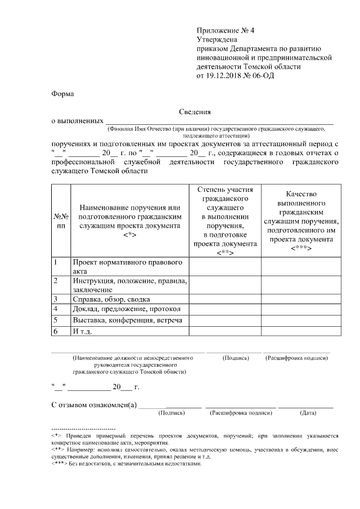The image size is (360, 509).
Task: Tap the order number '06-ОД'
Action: point(263,75)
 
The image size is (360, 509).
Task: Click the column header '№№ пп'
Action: point(61,220)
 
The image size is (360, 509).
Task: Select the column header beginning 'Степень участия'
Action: point(225,220)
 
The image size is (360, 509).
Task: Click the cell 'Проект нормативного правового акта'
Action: point(129,266)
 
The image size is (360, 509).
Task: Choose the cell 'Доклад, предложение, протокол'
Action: point(126,309)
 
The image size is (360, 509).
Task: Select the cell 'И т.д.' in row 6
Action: point(83,331)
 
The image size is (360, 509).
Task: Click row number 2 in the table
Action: point(56,281)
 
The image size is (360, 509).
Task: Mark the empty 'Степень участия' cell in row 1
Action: point(225,266)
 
